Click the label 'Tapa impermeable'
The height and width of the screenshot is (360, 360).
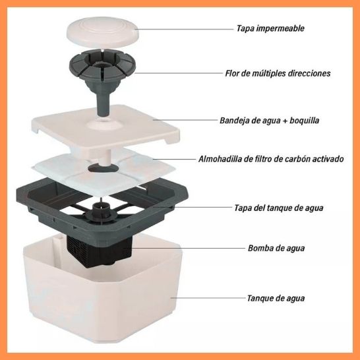pyautogui.click(x=270, y=28)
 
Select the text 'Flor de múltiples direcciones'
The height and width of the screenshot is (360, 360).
pyautogui.click(x=278, y=73)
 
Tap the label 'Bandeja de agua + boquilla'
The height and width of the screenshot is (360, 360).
pyautogui.click(x=269, y=120)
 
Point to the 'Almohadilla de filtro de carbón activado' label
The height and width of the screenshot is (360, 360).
pyautogui.click(x=271, y=159)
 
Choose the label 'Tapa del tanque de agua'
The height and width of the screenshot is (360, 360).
pyautogui.click(x=279, y=208)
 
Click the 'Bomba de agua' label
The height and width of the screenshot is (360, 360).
pyautogui.click(x=276, y=248)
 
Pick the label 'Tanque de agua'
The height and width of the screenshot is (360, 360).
pyautogui.click(x=276, y=298)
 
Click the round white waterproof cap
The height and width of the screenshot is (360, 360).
pyautogui.click(x=103, y=32)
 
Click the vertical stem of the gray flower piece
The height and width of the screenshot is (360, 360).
pyautogui.click(x=103, y=104)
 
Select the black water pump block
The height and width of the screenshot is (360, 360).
pyautogui.click(x=99, y=251)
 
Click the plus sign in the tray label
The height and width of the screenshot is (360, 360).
pyautogui.click(x=285, y=121)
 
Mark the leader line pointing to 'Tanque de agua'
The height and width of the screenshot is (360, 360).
pyautogui.click(x=208, y=298)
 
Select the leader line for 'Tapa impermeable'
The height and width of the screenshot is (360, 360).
pyautogui.click(x=184, y=29)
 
